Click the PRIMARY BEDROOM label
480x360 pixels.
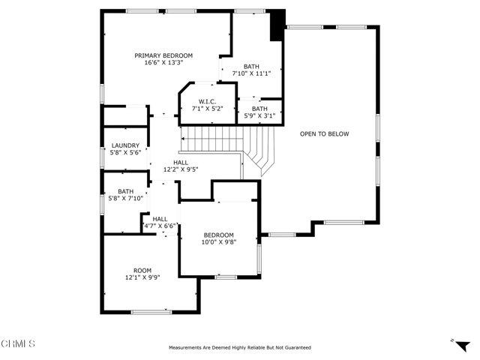tap(163, 55)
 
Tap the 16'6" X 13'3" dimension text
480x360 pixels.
tap(163, 63)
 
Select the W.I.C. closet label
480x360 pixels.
tap(207, 102)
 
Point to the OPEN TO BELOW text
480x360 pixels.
tap(324, 133)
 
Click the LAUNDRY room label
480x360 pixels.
tap(125, 145)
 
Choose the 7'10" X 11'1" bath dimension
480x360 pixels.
tap(252, 73)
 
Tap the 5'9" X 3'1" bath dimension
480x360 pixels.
tap(259, 115)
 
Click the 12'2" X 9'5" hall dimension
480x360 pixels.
tap(181, 169)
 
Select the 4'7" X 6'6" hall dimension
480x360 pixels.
tap(160, 226)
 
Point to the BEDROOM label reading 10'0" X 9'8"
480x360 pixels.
tap(218, 235)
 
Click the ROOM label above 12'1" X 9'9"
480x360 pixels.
tap(142, 271)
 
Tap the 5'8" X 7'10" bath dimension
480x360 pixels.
tap(125, 198)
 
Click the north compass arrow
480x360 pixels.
tap(462, 346)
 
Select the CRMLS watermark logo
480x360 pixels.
tap(18, 343)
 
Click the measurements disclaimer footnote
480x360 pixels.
tap(240, 348)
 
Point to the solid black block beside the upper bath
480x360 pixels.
tap(277, 25)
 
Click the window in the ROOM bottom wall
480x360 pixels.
tap(151, 312)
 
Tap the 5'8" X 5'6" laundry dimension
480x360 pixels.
tap(125, 153)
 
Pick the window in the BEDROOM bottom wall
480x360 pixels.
tap(226, 277)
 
